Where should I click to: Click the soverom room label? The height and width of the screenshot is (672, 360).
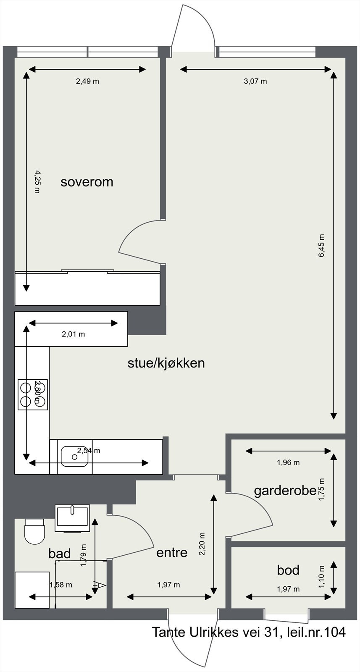tap(87, 182)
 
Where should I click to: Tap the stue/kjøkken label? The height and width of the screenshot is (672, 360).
tap(166, 363)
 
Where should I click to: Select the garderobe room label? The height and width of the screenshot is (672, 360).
tap(285, 491)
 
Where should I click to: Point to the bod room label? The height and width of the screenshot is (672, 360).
tap(288, 570)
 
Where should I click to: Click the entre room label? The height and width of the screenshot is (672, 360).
tap(172, 552)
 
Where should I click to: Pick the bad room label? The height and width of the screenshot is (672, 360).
tap(60, 554)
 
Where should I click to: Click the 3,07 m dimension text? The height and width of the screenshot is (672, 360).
tap(255, 81)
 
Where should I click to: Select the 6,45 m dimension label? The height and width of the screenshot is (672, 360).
tap(322, 246)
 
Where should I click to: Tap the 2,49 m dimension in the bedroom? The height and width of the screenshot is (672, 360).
tap(87, 81)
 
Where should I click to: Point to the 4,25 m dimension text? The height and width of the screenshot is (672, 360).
tap(37, 181)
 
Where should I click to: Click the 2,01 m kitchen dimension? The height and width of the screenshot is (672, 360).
tap(73, 334)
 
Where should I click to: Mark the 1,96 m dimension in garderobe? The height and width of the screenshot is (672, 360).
tap(288, 462)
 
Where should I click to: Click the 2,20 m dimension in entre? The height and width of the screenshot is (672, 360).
tap(202, 544)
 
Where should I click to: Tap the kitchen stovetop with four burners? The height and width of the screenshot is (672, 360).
tap(33, 394)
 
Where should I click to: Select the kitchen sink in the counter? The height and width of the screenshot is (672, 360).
tap(74, 457)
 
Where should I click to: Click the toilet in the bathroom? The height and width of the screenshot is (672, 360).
tap(34, 531)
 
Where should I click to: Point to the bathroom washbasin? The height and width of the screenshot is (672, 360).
tap(72, 517)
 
